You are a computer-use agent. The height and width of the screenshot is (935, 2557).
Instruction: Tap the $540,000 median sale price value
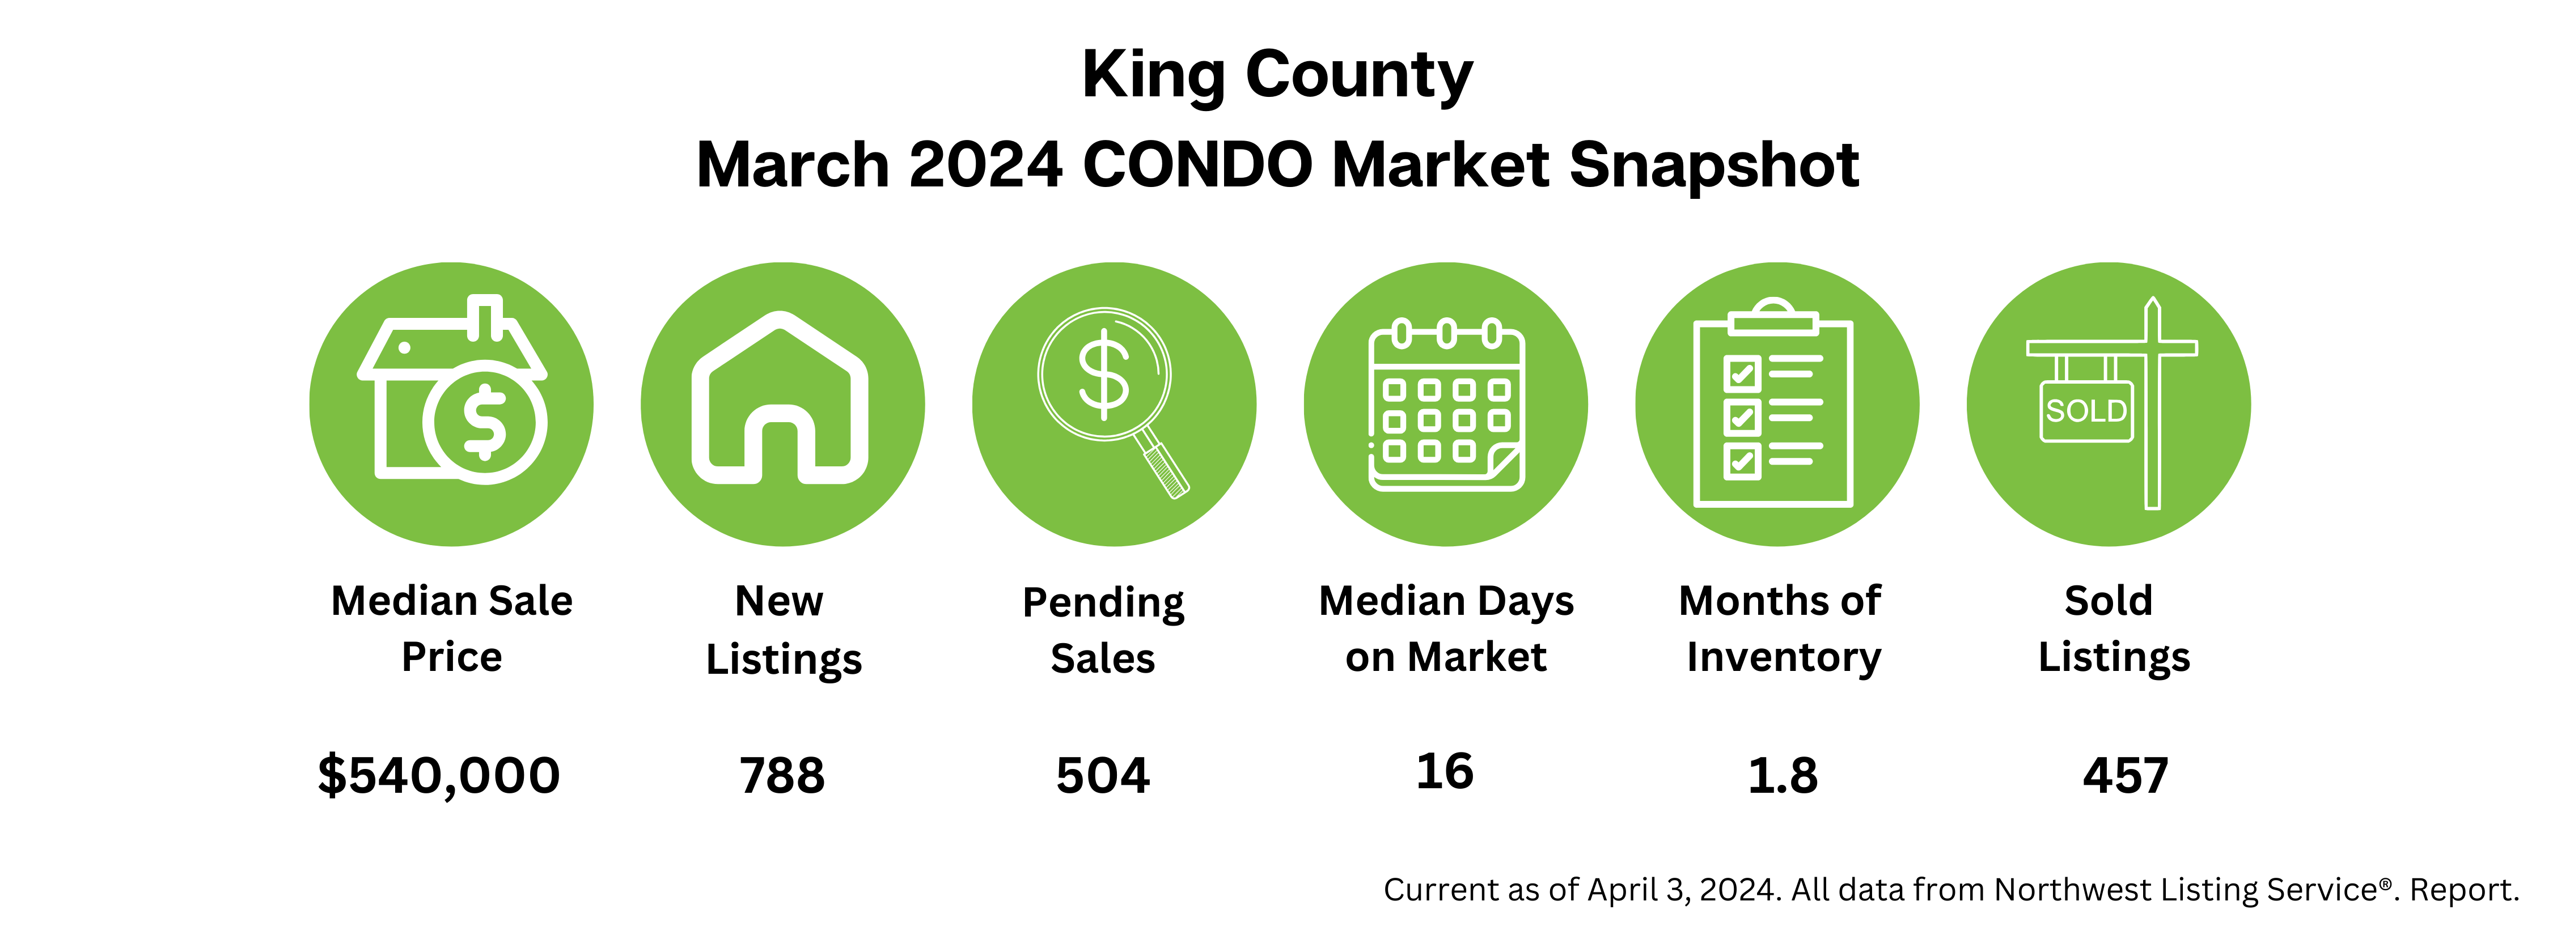(x=439, y=775)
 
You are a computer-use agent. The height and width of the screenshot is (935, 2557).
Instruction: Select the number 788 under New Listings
(x=782, y=775)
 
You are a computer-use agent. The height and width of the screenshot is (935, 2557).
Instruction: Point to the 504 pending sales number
(x=1103, y=775)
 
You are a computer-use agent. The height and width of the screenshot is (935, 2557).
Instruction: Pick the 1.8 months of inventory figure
(x=1783, y=775)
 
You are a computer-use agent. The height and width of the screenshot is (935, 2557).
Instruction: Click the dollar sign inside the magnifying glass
(x=1104, y=375)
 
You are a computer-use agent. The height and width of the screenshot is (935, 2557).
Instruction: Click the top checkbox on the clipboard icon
(x=1742, y=373)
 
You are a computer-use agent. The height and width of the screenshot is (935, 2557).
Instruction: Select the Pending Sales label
(x=1103, y=630)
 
